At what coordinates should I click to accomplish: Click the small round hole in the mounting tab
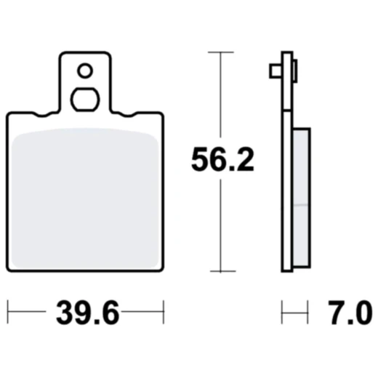point(86,71)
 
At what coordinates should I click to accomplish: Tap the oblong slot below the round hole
point(86,99)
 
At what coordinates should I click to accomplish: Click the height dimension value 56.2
point(222,159)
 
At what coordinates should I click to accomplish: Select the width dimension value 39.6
point(86,315)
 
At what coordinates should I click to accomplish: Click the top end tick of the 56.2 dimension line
point(221,52)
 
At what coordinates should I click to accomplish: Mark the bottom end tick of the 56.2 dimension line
point(221,271)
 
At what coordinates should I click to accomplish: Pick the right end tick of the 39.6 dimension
point(164,314)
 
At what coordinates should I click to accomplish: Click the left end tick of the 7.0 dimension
point(283,314)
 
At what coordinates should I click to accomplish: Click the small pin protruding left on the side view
point(275,71)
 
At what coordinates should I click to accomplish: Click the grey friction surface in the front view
point(86,196)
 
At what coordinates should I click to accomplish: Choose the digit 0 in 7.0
point(361,315)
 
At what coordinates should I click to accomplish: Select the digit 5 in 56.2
point(200,159)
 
